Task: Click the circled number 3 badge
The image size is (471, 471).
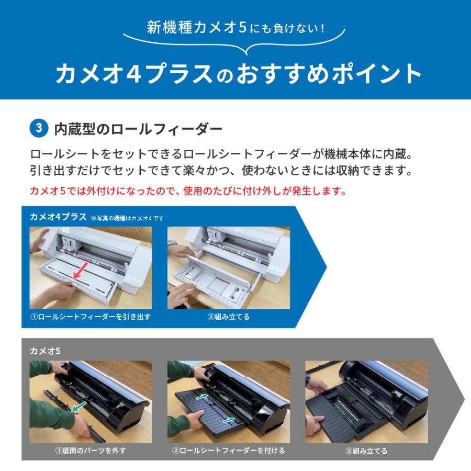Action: click(x=39, y=128)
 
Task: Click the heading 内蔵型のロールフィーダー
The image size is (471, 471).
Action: click(x=138, y=129)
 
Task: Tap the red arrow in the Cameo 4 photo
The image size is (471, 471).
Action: click(x=81, y=271)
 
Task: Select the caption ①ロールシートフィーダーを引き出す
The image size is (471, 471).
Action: click(x=91, y=317)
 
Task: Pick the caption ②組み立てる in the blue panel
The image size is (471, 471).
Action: click(x=229, y=317)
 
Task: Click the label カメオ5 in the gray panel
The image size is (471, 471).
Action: click(x=45, y=351)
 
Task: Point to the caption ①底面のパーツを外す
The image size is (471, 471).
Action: click(x=91, y=451)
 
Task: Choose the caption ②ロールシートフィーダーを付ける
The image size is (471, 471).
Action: click(x=229, y=451)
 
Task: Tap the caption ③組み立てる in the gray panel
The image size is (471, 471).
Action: click(x=366, y=451)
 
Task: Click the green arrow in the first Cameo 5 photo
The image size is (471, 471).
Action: click(x=80, y=406)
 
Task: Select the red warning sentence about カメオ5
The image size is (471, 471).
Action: click(x=188, y=190)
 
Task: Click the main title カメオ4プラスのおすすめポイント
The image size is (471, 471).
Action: click(x=239, y=74)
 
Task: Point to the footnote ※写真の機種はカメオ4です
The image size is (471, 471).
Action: click(x=128, y=218)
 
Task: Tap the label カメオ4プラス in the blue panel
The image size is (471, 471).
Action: click(x=58, y=217)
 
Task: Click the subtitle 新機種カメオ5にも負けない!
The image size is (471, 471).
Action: click(x=236, y=28)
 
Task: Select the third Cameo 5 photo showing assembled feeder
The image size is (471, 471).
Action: click(x=366, y=402)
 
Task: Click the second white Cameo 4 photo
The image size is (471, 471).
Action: click(x=229, y=267)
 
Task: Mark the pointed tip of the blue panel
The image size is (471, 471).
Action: click(x=326, y=267)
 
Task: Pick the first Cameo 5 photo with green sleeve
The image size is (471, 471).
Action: click(x=91, y=402)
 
